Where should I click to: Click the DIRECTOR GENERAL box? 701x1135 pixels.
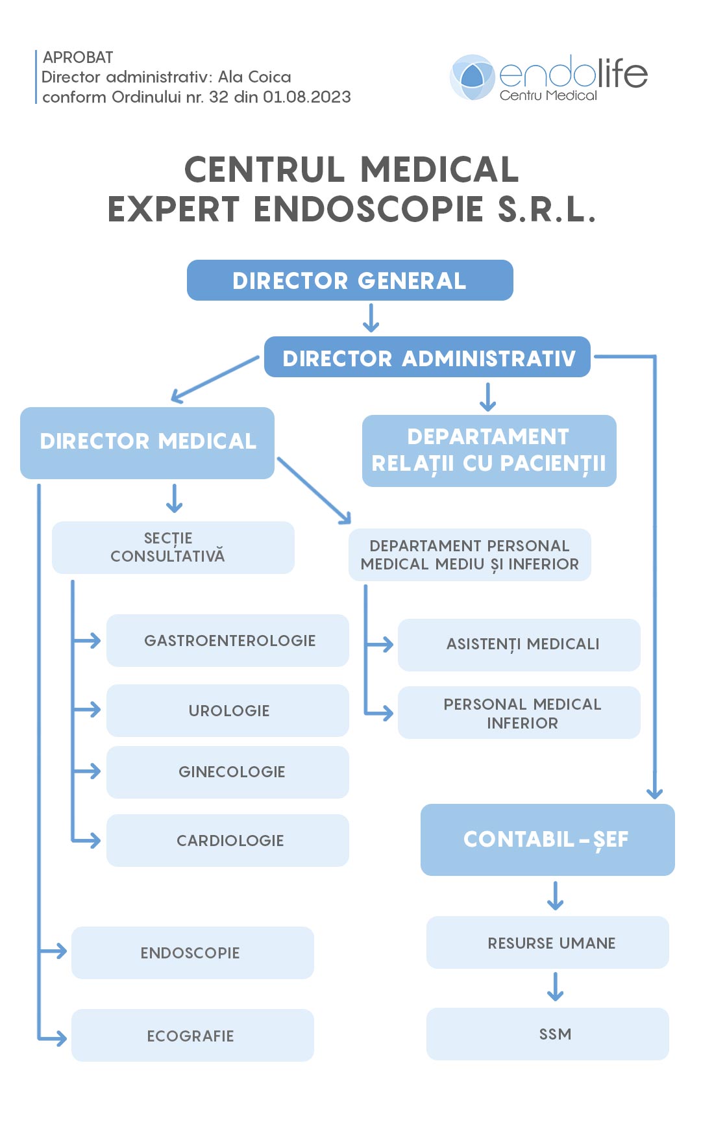click(350, 281)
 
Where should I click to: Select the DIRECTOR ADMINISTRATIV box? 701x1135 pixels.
click(427, 357)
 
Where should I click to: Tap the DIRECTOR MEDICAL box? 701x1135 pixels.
click(147, 443)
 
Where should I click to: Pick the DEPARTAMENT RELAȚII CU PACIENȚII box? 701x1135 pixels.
click(489, 451)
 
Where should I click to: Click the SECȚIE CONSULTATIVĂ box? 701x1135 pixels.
click(173, 547)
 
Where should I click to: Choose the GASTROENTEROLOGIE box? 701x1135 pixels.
click(228, 640)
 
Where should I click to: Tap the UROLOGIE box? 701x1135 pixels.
click(228, 710)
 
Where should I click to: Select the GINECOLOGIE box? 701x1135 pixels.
click(228, 772)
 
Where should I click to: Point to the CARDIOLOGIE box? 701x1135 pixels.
click(228, 840)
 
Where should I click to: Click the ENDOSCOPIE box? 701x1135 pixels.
click(192, 953)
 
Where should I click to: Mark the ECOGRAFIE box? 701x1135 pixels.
click(192, 1035)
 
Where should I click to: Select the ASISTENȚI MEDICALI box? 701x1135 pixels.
click(519, 645)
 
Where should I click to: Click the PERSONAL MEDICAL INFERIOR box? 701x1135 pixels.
click(519, 713)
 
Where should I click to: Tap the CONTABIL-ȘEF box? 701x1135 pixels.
click(547, 840)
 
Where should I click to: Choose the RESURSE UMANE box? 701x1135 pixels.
click(547, 943)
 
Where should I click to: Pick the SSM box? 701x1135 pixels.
click(547, 1034)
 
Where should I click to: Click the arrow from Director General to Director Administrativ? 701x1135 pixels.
click(371, 318)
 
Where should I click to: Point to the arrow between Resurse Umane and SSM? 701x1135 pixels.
click(555, 986)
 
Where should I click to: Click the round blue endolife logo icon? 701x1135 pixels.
click(473, 77)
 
